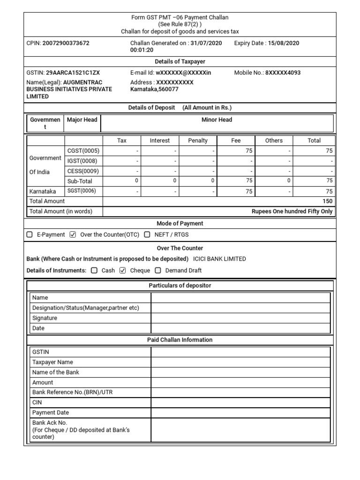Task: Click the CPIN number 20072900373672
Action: tap(66, 43)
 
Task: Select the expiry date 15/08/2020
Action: tap(283, 43)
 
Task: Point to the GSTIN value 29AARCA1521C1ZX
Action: tap(73, 73)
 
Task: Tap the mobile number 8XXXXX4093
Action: tap(283, 73)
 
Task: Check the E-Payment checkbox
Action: tap(30, 234)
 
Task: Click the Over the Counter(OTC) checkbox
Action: tap(72, 234)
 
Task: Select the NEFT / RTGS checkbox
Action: tap(147, 234)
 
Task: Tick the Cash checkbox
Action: tap(94, 270)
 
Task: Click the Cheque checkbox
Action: tap(123, 270)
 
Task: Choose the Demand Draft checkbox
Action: tap(158, 270)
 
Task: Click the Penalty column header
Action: tap(197, 141)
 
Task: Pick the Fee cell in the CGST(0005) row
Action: tap(236, 151)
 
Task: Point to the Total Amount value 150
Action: tap(327, 201)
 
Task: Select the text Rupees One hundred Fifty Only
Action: tap(292, 211)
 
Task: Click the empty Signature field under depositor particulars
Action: tap(240, 318)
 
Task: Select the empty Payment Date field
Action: tap(240, 413)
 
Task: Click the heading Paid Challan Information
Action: tap(180, 340)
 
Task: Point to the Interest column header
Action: tap(159, 141)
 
